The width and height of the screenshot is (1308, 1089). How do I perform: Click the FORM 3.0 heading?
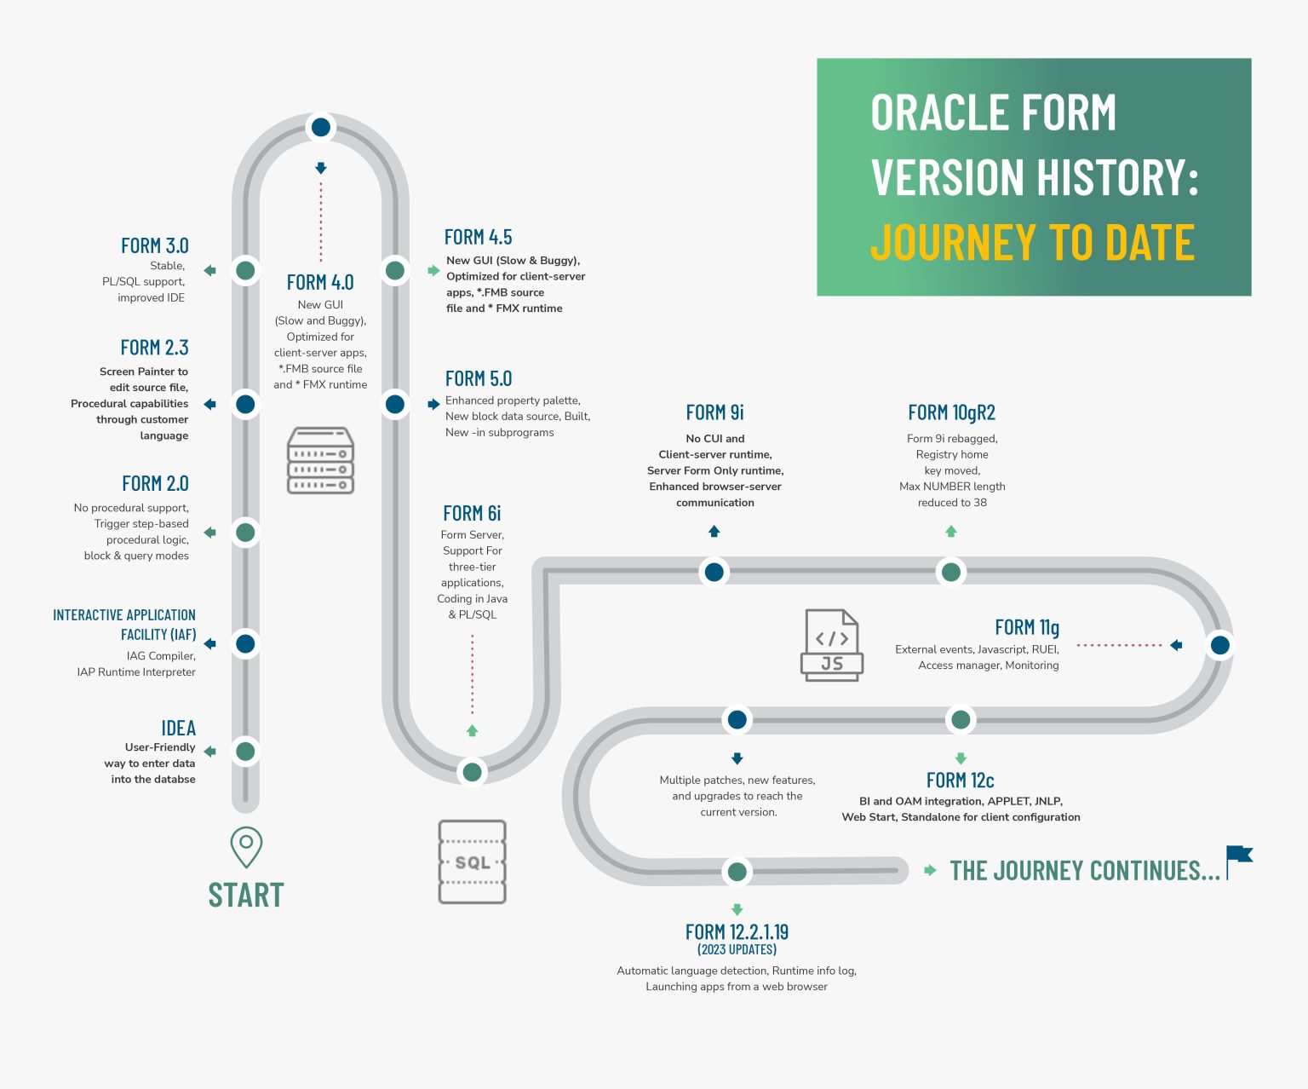[x=154, y=245]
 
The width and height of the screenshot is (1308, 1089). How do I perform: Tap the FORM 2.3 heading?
[x=154, y=348]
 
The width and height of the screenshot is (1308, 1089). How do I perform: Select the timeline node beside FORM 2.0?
[x=245, y=533]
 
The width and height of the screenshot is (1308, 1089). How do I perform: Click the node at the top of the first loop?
[x=321, y=128]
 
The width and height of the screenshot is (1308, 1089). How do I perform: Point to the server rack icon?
[x=321, y=460]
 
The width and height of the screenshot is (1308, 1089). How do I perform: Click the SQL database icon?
[x=473, y=861]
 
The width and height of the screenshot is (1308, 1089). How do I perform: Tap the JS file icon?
[x=832, y=645]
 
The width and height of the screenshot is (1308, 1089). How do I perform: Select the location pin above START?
[x=246, y=846]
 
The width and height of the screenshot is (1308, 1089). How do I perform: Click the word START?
[x=246, y=896]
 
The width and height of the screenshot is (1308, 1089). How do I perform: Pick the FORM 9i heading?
[x=715, y=412]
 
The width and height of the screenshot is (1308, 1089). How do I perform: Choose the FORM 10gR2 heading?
[x=951, y=412]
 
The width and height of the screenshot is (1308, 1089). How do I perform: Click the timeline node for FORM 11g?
[x=1219, y=645]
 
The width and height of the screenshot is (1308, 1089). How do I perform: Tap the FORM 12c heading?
[x=960, y=781]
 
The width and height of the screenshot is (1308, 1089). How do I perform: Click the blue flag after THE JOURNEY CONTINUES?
[x=1239, y=860]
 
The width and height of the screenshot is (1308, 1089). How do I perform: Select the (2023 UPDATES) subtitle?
[x=737, y=949]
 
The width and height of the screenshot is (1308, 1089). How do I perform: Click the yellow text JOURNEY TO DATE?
[x=1032, y=243]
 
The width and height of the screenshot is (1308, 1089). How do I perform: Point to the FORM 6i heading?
[x=472, y=513]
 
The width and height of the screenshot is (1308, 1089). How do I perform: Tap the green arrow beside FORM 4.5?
[x=433, y=271]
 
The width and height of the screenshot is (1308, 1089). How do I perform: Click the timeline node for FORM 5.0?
[x=395, y=404]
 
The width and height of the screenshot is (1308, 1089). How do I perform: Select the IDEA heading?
[x=178, y=728]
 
